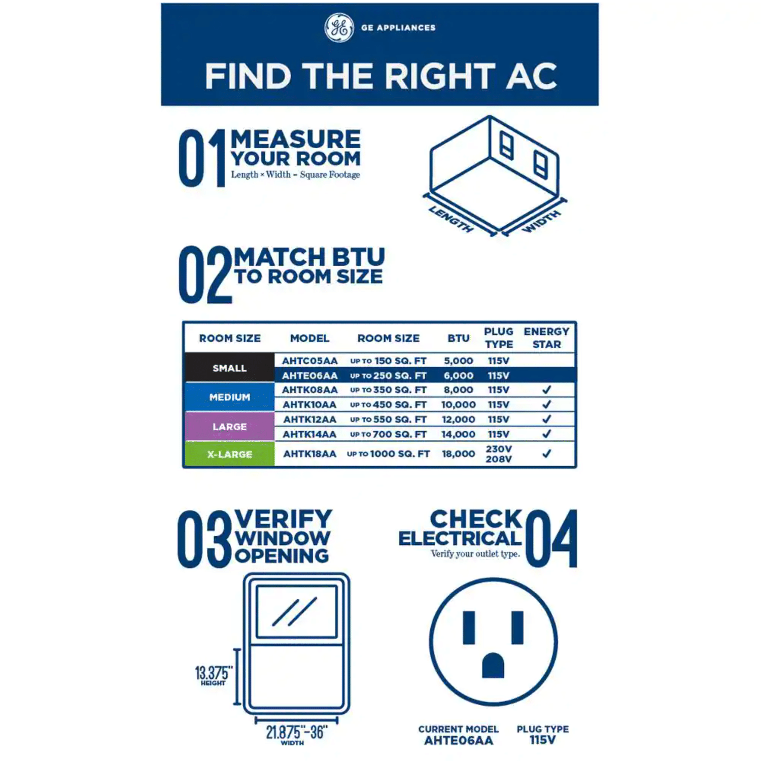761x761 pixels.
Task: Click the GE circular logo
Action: [339, 28]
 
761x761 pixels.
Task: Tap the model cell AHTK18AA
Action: [309, 454]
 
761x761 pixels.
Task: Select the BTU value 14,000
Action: [458, 434]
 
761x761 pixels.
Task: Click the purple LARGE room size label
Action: [230, 427]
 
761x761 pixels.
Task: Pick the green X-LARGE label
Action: [230, 454]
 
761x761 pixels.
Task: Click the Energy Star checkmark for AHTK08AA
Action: [546, 390]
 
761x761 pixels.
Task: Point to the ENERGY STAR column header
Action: [546, 338]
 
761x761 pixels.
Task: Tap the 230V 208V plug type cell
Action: [499, 454]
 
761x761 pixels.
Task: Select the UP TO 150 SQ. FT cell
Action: [388, 361]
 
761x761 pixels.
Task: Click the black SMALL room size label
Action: [230, 368]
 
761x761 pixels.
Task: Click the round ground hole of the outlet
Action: [493, 665]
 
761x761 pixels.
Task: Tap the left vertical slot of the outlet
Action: [469, 628]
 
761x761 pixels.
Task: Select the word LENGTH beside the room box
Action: [451, 219]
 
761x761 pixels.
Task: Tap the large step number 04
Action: [552, 538]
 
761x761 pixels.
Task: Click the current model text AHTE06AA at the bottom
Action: [459, 741]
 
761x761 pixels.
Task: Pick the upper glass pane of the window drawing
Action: [297, 611]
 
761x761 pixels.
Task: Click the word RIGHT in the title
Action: [439, 77]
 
